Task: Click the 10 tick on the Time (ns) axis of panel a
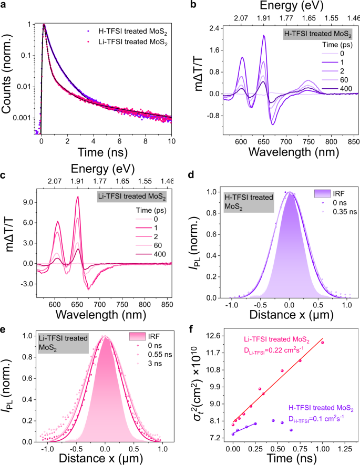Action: [x=172, y=148]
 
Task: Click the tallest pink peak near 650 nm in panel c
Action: [x=78, y=197]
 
